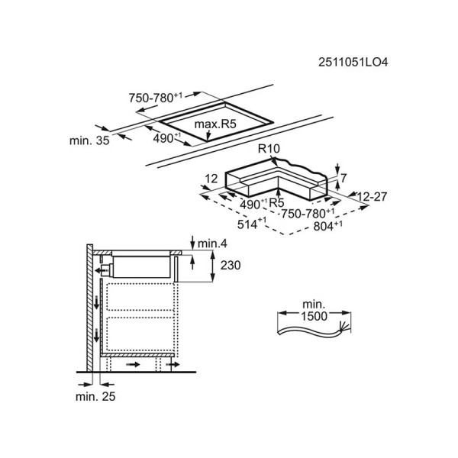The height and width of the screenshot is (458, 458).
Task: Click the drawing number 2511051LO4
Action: [x=353, y=63]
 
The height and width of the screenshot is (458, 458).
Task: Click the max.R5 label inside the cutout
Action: [x=215, y=124]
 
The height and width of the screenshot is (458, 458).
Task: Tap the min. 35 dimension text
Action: [x=89, y=140]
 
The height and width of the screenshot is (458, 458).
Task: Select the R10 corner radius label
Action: [x=269, y=149]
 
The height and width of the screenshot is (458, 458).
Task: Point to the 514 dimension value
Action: [x=252, y=224]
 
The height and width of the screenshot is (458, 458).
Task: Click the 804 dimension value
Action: [x=327, y=225]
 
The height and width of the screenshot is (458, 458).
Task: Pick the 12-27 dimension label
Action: [x=372, y=197]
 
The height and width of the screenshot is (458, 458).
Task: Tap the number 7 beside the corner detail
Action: [x=343, y=178]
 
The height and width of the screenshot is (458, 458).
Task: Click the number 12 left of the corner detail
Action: [x=211, y=179]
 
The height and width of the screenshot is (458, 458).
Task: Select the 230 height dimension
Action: [x=231, y=266]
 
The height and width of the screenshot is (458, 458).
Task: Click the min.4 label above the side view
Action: [x=212, y=244]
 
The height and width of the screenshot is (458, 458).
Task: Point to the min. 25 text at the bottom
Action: [x=95, y=396]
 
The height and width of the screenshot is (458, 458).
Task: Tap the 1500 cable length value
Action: [x=314, y=316]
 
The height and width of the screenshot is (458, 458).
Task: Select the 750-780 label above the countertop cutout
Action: [x=156, y=98]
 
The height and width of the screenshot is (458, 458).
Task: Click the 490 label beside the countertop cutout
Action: [x=167, y=138]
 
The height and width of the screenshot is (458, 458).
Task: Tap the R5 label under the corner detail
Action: [x=276, y=203]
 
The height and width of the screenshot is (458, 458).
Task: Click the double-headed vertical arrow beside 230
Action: [x=213, y=266]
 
